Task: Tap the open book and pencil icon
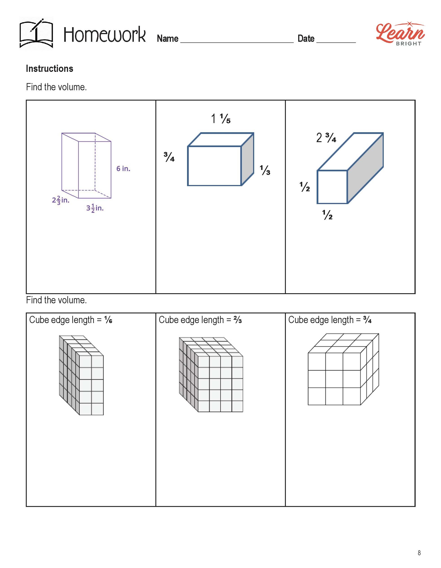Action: [36, 33]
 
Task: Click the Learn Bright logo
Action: [400, 34]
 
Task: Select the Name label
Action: [168, 38]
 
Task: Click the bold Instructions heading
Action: [49, 69]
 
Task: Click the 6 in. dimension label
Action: [123, 169]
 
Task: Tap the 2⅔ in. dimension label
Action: [61, 200]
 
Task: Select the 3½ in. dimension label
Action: [95, 208]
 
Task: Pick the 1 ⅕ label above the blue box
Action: [221, 119]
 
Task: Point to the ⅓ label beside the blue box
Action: [265, 170]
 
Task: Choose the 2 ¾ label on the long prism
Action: [326, 138]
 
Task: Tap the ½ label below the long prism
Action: [327, 215]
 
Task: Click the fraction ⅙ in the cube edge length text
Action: [108, 320]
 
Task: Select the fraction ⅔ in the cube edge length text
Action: [238, 320]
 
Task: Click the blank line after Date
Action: [336, 42]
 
